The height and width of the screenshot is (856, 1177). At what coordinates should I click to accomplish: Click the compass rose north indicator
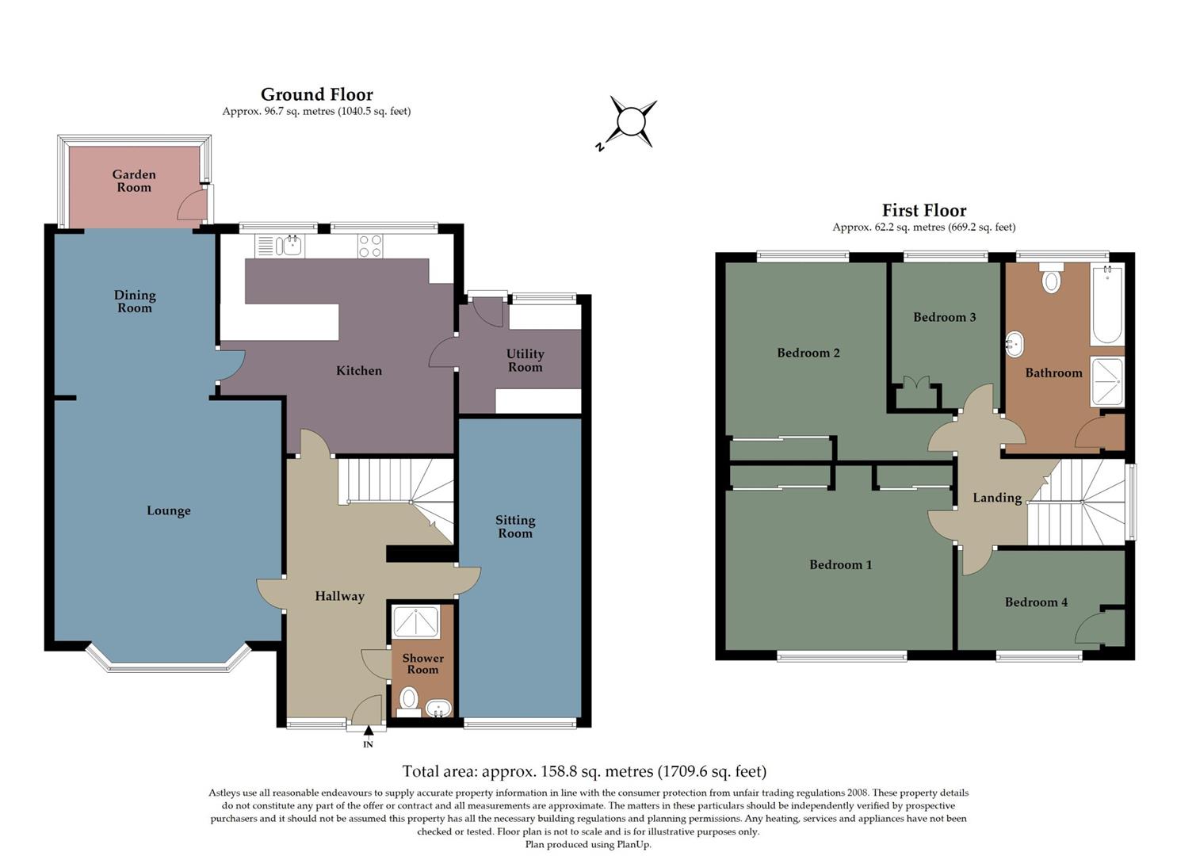click(632, 123)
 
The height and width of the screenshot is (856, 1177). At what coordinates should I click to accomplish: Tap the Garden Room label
click(134, 181)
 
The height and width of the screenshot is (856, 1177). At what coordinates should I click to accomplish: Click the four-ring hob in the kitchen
click(369, 246)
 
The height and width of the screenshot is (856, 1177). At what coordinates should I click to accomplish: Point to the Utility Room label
click(525, 360)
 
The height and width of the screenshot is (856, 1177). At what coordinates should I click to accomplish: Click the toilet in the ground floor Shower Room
click(408, 699)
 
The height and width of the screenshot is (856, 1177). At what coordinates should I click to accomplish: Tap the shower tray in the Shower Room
click(416, 621)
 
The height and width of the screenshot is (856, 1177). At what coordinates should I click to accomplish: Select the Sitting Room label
click(515, 526)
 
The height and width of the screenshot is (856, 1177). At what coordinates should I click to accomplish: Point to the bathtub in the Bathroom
click(1106, 305)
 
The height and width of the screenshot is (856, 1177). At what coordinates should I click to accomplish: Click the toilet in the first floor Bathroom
click(1052, 279)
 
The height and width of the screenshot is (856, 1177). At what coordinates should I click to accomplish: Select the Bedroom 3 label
click(944, 317)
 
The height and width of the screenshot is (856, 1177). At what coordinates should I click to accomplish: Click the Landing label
click(997, 498)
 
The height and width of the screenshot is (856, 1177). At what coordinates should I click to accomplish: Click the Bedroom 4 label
click(1036, 602)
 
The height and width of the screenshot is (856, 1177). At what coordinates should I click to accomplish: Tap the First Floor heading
click(924, 211)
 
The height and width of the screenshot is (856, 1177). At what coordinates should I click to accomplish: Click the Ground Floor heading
click(316, 95)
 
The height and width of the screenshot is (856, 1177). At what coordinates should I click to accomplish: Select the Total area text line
click(584, 771)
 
